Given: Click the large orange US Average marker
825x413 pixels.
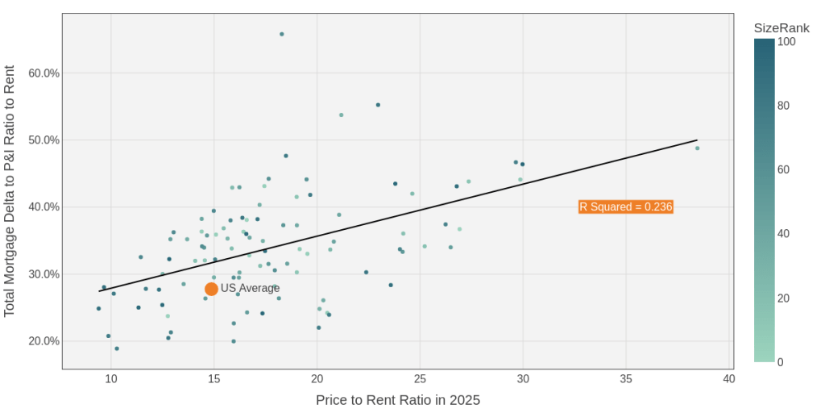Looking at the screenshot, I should pos(211,289).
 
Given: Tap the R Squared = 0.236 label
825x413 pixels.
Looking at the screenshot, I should pos(625,207).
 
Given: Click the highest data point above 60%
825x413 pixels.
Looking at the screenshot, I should pos(282,34).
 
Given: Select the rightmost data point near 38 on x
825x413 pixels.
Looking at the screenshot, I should pos(698,148).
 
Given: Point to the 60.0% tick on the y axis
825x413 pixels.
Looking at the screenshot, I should pos(44,73).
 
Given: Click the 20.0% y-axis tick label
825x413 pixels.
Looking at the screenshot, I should pos(44,341).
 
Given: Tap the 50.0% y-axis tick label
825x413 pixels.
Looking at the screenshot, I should pos(44,140).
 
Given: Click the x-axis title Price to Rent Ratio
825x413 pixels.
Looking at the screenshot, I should pos(397,400).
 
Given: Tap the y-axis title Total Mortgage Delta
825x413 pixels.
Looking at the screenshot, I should pos(10,191).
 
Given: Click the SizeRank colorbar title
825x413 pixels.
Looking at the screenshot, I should pos(781,28).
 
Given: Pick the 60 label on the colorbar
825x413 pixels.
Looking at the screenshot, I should pos(784,169).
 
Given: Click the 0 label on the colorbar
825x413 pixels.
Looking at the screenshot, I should pos(780,363).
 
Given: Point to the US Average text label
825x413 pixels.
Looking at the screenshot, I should pos(250,289).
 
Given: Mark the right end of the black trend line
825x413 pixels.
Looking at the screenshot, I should pos(697,140).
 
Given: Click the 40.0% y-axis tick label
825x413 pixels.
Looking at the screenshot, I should pos(44,207).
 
